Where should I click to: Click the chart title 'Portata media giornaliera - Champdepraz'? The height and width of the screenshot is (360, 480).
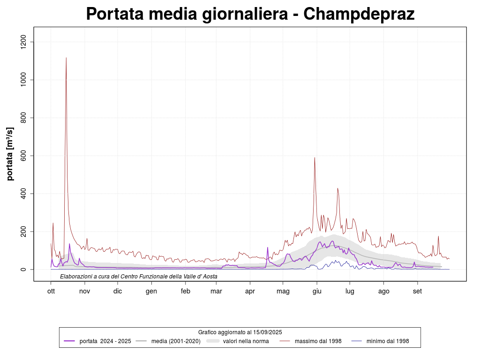click(250, 14)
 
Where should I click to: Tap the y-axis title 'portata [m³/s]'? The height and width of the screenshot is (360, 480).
click(10, 154)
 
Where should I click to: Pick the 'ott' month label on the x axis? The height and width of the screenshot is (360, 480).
click(51, 291)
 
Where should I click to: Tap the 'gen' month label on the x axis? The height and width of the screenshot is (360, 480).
click(151, 291)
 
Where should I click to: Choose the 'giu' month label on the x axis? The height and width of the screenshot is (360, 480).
click(316, 291)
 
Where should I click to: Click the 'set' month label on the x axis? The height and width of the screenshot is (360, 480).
click(417, 291)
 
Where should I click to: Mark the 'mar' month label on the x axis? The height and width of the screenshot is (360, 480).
click(216, 291)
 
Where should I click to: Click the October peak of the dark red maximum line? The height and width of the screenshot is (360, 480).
click(66, 58)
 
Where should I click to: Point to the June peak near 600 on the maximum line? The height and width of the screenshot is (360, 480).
click(315, 158)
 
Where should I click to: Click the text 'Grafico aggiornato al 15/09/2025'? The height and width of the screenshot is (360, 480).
click(240, 332)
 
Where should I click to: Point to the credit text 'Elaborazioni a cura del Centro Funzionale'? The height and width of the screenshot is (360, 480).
click(139, 277)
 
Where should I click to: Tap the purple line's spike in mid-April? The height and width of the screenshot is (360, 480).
click(268, 247)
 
